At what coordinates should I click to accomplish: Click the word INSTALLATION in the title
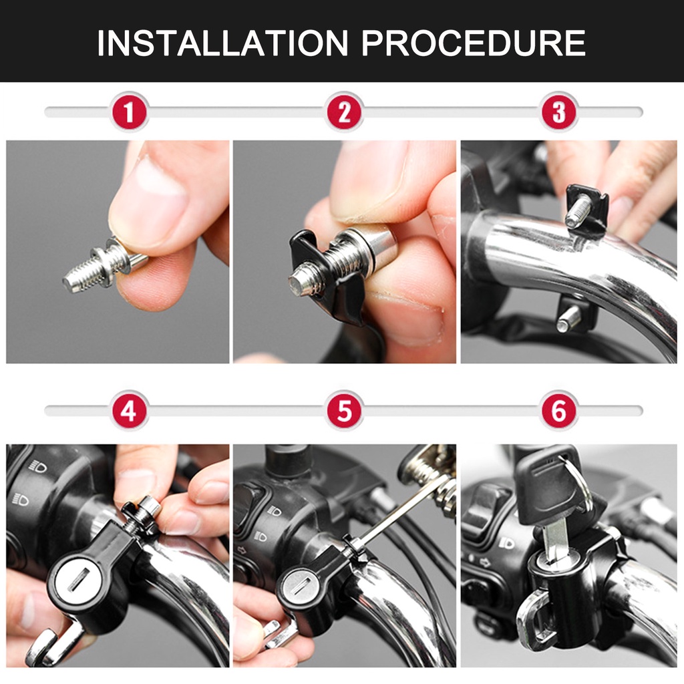222,43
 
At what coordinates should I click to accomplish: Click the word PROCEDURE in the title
474,43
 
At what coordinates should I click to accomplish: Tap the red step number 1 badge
129,112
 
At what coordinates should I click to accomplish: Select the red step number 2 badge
344,112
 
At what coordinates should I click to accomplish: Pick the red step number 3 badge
559,112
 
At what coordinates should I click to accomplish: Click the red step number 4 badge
129,410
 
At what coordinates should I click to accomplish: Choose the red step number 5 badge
344,410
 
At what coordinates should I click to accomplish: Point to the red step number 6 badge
559,410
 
